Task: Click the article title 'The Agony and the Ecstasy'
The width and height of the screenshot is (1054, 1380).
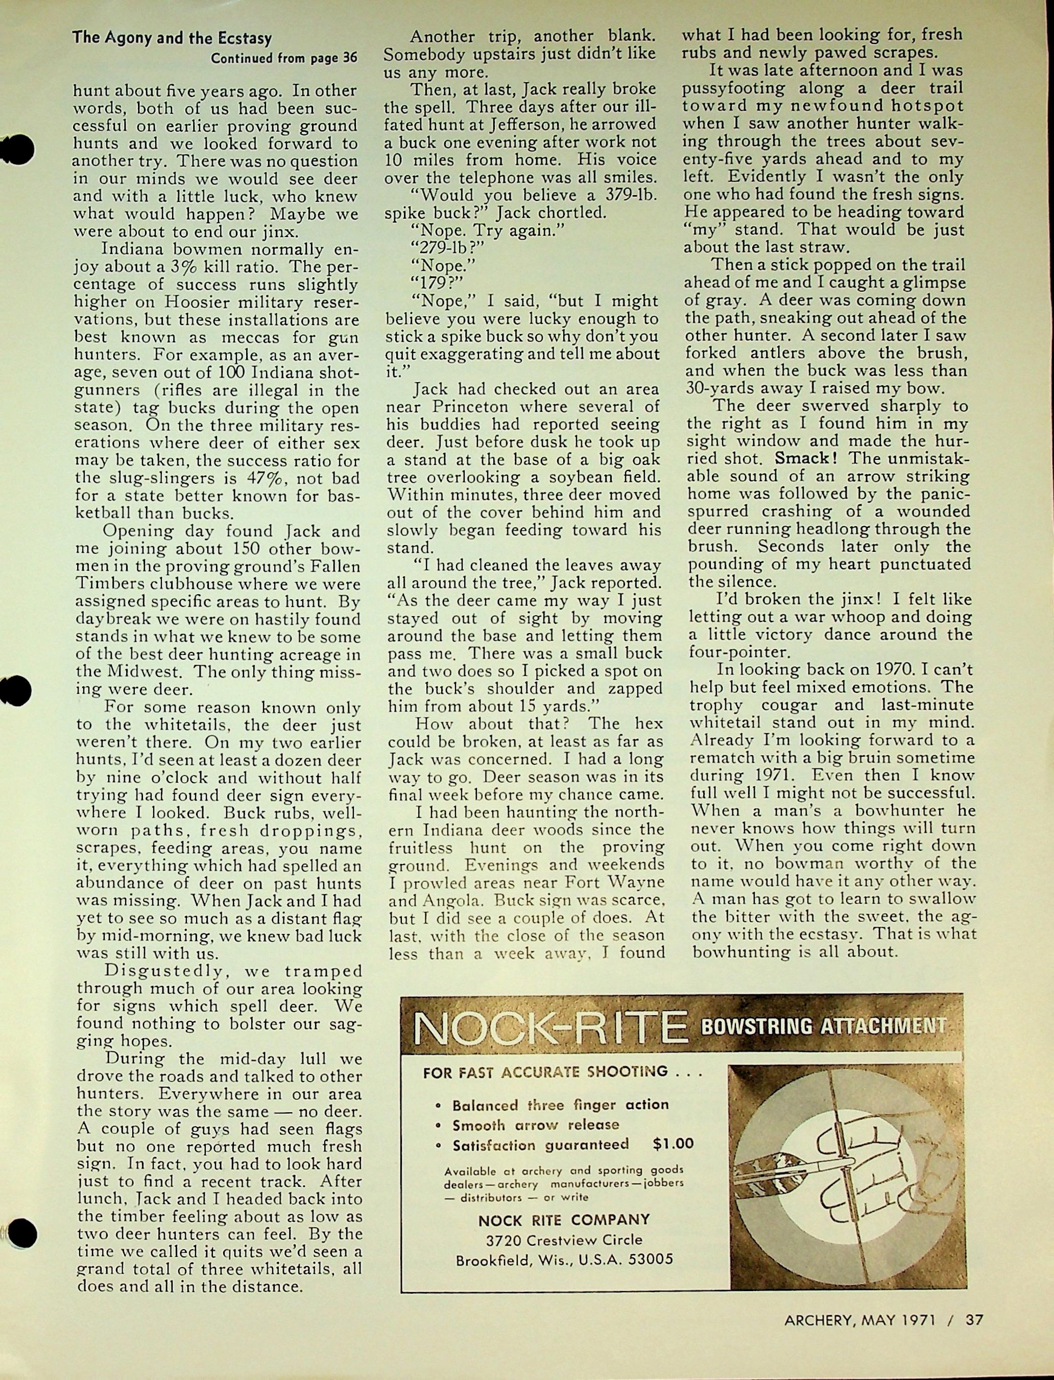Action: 172,38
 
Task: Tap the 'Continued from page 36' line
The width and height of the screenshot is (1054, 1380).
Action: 283,58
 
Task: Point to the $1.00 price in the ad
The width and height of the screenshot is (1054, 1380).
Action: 673,1143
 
